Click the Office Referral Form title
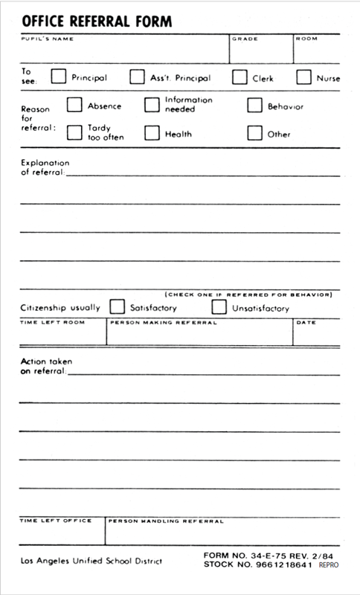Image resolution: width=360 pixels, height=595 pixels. (97, 22)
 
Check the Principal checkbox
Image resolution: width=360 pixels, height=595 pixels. (58, 77)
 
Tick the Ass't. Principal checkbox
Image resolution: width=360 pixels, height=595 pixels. (137, 77)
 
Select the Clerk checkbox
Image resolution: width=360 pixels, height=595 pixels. (240, 77)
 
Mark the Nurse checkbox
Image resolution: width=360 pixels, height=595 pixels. (303, 77)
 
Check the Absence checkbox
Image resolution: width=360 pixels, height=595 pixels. (74, 105)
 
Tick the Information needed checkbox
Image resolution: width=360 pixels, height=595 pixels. (152, 105)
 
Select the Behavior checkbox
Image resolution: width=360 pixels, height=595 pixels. (254, 105)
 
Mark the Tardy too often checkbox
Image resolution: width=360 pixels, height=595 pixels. (74, 132)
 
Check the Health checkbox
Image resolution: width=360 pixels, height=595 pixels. (152, 133)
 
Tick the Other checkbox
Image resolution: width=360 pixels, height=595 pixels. (254, 133)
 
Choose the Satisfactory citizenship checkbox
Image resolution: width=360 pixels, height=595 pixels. (117, 306)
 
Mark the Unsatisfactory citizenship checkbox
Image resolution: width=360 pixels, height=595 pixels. (219, 306)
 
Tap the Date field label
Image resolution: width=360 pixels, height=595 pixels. (306, 323)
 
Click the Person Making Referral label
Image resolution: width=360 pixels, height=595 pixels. (163, 323)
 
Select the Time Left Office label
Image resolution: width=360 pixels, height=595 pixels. (56, 521)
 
